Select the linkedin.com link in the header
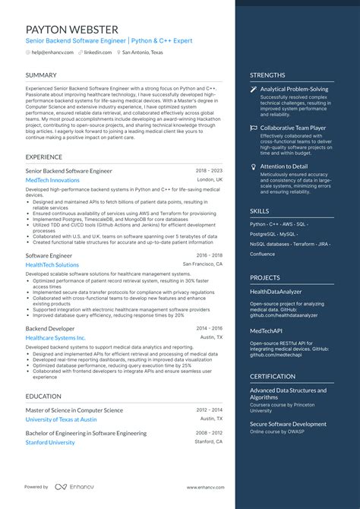click(98, 52)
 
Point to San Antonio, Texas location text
click(142, 52)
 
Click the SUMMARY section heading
click(41, 75)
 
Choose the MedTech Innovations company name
click(52, 180)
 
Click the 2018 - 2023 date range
click(209, 171)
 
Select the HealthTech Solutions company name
click(52, 265)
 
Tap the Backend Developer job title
click(50, 328)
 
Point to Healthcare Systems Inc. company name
click(55, 337)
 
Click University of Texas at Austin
click(61, 419)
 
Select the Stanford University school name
click(50, 442)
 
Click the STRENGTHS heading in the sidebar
click(267, 75)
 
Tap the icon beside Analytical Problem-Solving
click(254, 89)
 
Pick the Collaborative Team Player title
click(292, 128)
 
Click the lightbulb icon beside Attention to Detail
click(254, 166)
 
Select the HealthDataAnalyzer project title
click(276, 291)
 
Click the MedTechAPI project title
click(266, 330)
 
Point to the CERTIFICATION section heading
click(273, 376)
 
